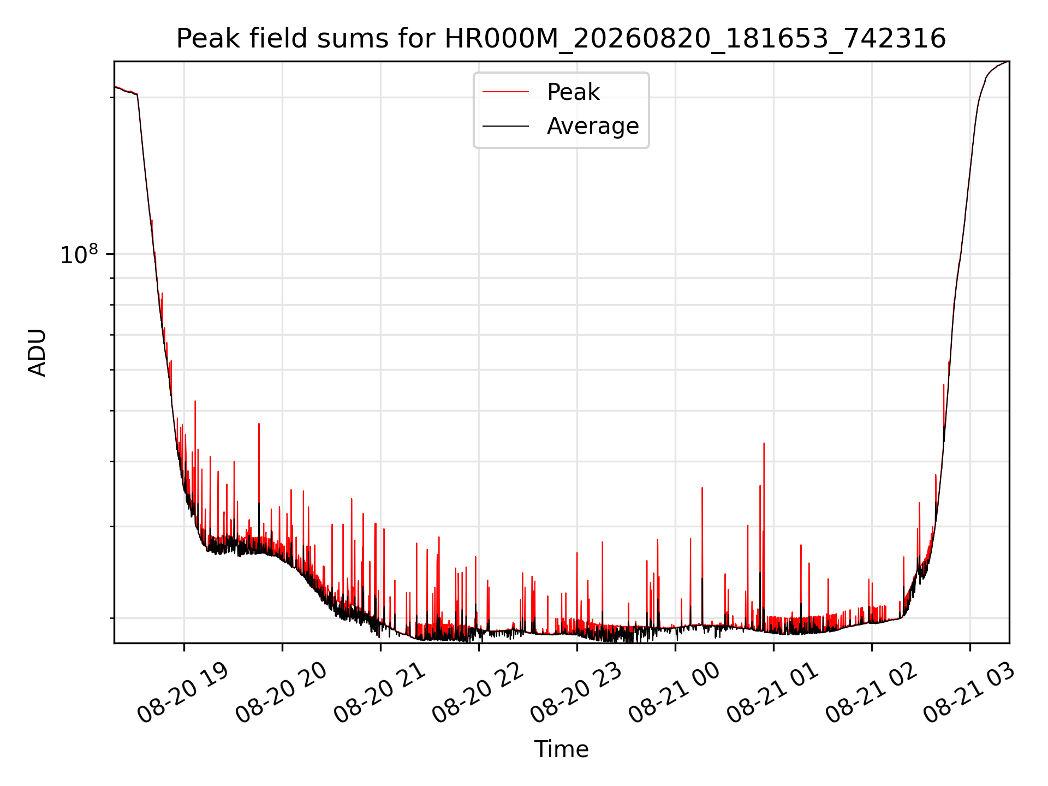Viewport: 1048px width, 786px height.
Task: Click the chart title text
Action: pos(561,39)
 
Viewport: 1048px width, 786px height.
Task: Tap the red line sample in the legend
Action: pos(505,92)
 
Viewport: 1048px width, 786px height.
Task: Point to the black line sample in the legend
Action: pos(505,126)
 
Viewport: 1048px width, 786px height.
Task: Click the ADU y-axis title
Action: pos(37,352)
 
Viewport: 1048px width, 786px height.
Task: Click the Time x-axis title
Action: pos(561,749)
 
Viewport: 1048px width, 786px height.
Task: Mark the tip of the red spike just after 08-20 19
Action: pos(195,401)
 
